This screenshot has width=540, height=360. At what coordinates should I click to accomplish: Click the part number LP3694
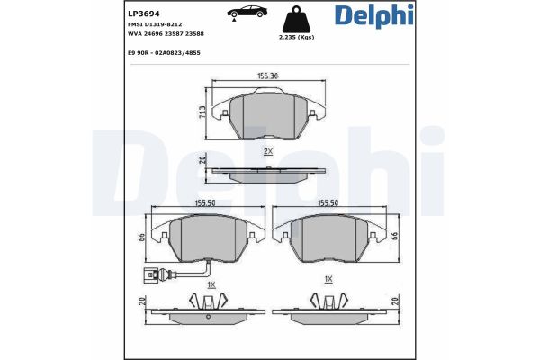tap(117, 13)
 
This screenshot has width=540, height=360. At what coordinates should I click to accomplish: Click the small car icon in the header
tap(247, 13)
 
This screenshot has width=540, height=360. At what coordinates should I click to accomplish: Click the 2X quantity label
tap(267, 152)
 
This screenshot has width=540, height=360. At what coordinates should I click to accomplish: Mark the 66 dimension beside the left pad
tap(142, 237)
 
